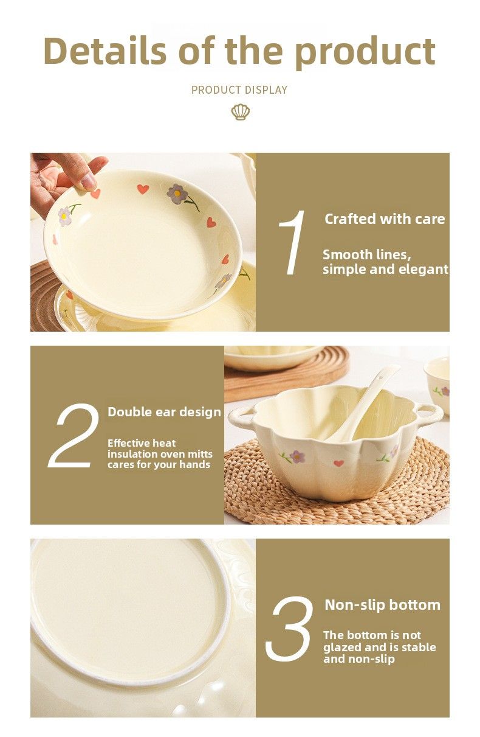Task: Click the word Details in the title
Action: tap(105, 51)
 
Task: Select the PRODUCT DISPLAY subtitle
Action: tap(239, 90)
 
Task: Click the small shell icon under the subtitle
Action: tap(241, 112)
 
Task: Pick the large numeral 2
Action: tap(74, 435)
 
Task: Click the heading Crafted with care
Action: tap(385, 219)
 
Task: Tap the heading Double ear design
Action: tap(164, 412)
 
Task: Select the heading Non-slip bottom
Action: tap(382, 605)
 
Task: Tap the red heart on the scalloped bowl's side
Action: tap(338, 463)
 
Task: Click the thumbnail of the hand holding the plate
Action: tap(143, 242)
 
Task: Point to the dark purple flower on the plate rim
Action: tap(177, 194)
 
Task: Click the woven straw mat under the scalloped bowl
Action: tap(337, 500)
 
